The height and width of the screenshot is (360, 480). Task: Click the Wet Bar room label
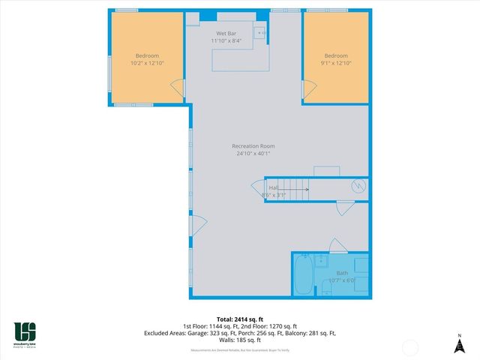227,34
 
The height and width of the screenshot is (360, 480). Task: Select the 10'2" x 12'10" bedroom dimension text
146,64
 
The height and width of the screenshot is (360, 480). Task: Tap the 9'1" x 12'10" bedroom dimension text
335,64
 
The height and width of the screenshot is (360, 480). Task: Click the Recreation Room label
253,145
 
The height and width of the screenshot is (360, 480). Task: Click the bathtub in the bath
303,276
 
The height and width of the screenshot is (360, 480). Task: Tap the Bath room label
341,273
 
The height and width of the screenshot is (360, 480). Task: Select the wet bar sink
259,33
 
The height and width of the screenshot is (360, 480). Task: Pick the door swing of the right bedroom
308,88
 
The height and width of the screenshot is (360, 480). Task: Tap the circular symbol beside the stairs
358,185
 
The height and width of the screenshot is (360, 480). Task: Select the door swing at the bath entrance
337,244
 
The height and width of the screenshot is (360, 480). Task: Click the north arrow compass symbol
459,345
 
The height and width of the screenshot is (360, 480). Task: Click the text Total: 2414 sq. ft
240,319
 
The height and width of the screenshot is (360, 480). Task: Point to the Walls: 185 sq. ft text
240,339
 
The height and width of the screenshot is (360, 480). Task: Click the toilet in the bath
359,265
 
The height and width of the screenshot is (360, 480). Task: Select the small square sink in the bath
319,260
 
